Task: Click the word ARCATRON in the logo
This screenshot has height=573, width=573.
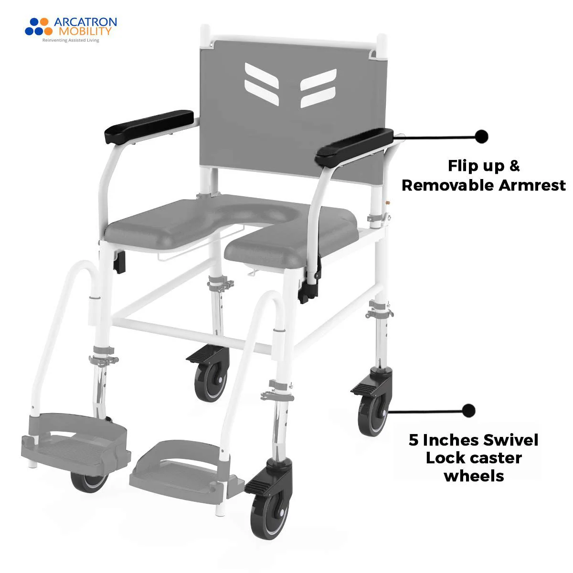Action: click(85, 22)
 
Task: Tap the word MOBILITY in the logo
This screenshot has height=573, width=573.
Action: click(85, 32)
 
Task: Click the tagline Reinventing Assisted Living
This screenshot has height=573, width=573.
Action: click(71, 41)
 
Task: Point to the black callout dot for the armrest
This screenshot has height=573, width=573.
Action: click(481, 136)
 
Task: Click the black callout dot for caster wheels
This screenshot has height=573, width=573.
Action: click(469, 410)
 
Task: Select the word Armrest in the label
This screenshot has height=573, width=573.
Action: click(532, 185)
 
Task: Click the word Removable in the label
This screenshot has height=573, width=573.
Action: click(447, 185)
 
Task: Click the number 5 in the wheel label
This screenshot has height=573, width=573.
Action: click(414, 440)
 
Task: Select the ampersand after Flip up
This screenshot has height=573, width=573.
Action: click(514, 166)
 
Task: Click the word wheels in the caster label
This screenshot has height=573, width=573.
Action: click(474, 476)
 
